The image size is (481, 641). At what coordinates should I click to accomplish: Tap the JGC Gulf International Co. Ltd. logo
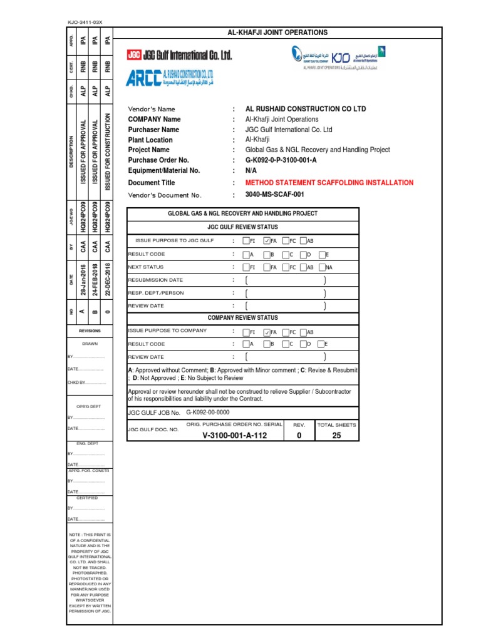tap(179, 55)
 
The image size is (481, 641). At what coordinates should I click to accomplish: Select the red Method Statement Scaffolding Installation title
tap(329, 183)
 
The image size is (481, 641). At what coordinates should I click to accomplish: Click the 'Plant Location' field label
tap(150, 140)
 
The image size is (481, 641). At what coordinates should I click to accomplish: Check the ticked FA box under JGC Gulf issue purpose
tap(267, 240)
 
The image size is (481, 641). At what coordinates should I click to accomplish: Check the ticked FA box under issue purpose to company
tap(267, 332)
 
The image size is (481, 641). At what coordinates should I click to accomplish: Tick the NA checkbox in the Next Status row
tap(321, 267)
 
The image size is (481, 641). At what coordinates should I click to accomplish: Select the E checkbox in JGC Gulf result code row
tap(321, 254)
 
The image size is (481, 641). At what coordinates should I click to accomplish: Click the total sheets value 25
tap(336, 436)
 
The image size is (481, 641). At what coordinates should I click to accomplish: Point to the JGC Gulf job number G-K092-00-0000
tap(207, 413)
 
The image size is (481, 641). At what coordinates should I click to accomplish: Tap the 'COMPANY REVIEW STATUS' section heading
tap(243, 318)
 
